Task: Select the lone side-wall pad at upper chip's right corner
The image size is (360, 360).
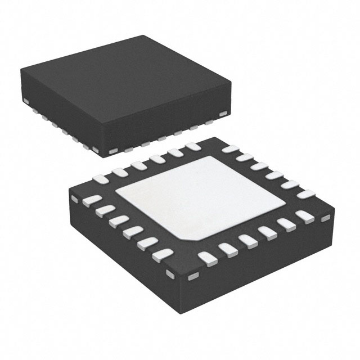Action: click(x=223, y=115)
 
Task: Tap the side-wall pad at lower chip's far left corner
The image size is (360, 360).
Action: click(x=74, y=199)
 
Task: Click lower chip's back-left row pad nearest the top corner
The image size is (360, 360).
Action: click(x=193, y=147)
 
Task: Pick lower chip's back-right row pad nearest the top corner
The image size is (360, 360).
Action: click(x=229, y=150)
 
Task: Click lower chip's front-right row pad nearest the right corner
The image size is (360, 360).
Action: click(x=304, y=217)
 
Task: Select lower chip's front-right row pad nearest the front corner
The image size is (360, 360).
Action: click(x=208, y=259)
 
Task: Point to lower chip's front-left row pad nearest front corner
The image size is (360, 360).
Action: click(x=163, y=254)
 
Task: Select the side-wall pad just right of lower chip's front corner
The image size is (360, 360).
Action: click(x=193, y=276)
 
